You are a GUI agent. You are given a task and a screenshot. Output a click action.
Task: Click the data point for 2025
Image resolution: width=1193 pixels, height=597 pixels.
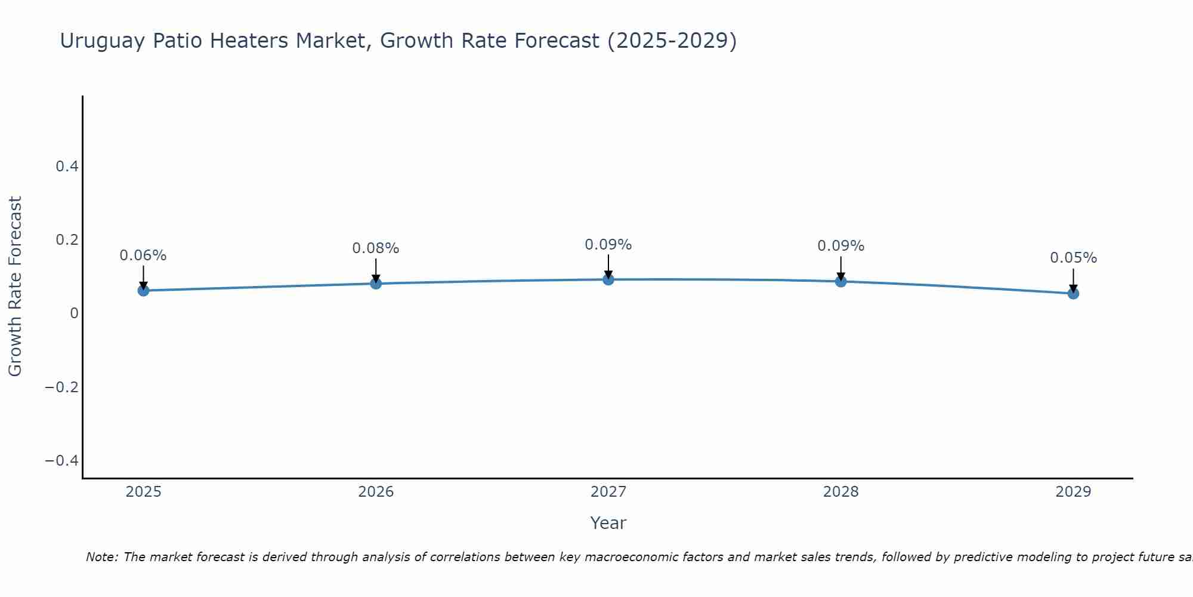pyautogui.click(x=143, y=291)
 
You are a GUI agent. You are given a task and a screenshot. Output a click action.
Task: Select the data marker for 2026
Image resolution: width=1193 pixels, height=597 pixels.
pyautogui.click(x=376, y=284)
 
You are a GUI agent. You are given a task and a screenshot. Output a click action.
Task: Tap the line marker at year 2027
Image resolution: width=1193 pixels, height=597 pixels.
pyautogui.click(x=608, y=279)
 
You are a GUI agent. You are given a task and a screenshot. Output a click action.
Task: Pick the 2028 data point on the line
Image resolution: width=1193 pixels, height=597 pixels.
pyautogui.click(x=840, y=281)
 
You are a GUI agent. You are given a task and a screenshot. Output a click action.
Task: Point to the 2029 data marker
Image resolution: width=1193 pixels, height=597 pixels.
pyautogui.click(x=1073, y=294)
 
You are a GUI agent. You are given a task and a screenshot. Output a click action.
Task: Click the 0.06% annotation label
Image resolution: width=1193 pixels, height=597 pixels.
pyautogui.click(x=143, y=256)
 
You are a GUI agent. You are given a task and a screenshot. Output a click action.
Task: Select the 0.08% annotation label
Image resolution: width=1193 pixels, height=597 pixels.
pyautogui.click(x=376, y=248)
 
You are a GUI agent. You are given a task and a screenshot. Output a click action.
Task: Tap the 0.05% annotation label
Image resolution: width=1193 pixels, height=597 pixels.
pyautogui.click(x=1073, y=258)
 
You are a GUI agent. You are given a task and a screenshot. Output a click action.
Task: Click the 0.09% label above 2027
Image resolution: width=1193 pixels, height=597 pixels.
pyautogui.click(x=608, y=245)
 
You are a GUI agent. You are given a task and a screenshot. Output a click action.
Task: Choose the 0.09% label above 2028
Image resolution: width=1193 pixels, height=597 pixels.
pyautogui.click(x=840, y=246)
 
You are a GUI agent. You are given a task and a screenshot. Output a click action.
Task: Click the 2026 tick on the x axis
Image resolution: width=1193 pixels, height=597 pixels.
pyautogui.click(x=376, y=492)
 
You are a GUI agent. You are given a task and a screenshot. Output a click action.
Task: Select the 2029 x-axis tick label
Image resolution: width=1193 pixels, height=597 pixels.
pyautogui.click(x=1073, y=492)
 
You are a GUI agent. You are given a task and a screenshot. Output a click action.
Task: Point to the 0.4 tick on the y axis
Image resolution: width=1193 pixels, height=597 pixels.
pyautogui.click(x=67, y=167)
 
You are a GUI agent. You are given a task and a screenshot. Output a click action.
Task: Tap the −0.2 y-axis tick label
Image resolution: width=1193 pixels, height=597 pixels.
pyautogui.click(x=61, y=387)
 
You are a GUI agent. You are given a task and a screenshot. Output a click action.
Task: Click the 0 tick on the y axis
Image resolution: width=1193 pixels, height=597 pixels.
pyautogui.click(x=74, y=313)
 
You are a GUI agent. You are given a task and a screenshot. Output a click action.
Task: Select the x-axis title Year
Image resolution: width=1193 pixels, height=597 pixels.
pyautogui.click(x=608, y=523)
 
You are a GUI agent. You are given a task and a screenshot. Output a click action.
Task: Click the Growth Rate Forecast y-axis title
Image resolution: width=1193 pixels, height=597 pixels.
pyautogui.click(x=15, y=286)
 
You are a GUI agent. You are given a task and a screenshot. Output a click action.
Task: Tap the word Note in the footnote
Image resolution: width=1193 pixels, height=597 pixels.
pyautogui.click(x=102, y=557)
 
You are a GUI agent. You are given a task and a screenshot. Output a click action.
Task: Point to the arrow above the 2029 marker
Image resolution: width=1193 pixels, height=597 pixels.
pyautogui.click(x=1073, y=279)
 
